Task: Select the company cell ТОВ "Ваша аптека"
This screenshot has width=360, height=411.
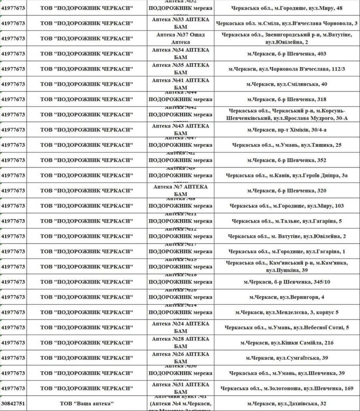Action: tap(87, 403)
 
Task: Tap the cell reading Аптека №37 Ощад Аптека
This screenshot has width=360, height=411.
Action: tap(180, 39)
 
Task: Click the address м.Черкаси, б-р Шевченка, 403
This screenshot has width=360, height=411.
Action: tap(287, 54)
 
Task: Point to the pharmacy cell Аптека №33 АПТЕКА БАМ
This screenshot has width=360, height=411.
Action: tap(180, 23)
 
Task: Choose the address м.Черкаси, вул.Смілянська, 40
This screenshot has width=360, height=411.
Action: tap(287, 84)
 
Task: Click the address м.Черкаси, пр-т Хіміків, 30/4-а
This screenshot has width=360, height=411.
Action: tap(287, 130)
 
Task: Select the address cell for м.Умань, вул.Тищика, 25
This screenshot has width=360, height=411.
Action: tap(287, 145)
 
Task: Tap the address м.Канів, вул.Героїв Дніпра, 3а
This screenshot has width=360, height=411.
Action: tap(287, 175)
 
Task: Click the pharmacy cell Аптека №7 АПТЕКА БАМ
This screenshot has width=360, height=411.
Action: tap(180, 191)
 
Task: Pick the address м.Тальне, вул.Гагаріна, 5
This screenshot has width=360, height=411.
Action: tap(287, 221)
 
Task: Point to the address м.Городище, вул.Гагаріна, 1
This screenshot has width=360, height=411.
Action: tap(287, 252)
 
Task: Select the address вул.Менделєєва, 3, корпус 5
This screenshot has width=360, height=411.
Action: tap(287, 312)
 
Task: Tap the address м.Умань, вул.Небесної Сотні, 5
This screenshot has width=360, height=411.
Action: tap(287, 328)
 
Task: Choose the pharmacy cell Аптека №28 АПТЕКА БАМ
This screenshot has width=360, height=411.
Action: tap(180, 343)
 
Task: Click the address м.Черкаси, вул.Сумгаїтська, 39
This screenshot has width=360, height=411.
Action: tap(287, 358)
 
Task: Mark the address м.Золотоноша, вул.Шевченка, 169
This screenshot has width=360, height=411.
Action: tap(287, 389)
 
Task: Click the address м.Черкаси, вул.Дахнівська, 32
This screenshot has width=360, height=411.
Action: tap(287, 403)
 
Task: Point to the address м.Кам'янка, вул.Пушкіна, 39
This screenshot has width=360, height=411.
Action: tap(287, 267)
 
